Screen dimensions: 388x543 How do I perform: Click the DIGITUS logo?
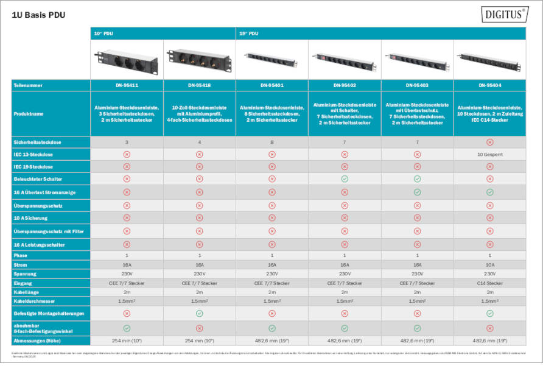click(505, 15)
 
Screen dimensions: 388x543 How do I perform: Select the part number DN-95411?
click(127, 86)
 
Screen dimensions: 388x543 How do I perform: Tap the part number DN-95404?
click(489, 86)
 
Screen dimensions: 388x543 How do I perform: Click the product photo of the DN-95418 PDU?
click(199, 60)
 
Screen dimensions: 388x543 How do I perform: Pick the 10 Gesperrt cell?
click(489, 155)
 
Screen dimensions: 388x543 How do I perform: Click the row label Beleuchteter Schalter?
click(37, 179)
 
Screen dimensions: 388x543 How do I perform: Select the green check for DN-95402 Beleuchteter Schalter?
click(345, 179)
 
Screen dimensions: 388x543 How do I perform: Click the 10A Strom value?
click(489, 266)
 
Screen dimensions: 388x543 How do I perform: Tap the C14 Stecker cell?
click(489, 283)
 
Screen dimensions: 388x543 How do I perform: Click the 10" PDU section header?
click(103, 34)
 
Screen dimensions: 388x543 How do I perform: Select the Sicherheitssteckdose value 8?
click(272, 143)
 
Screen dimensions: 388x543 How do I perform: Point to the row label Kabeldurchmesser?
click(34, 301)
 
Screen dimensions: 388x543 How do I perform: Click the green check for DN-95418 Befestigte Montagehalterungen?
click(199, 313)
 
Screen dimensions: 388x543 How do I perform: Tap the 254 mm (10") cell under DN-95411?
click(127, 340)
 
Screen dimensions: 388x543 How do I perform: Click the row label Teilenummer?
click(29, 86)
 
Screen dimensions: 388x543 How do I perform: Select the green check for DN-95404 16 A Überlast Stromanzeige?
click(489, 192)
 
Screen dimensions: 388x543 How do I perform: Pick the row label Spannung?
click(26, 274)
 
